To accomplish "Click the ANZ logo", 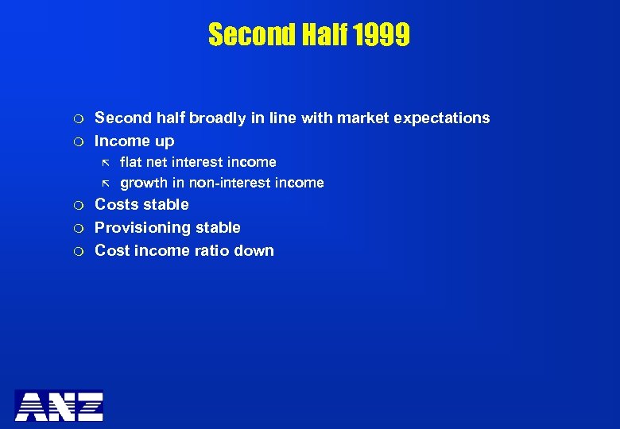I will click(x=59, y=405).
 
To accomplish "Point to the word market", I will click(x=367, y=118).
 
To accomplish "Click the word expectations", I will click(x=446, y=118).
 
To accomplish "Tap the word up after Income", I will click(x=165, y=142).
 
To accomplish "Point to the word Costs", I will click(x=116, y=204).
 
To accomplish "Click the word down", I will click(x=254, y=251).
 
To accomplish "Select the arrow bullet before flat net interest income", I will click(x=103, y=163).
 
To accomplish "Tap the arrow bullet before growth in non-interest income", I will click(x=103, y=184).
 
